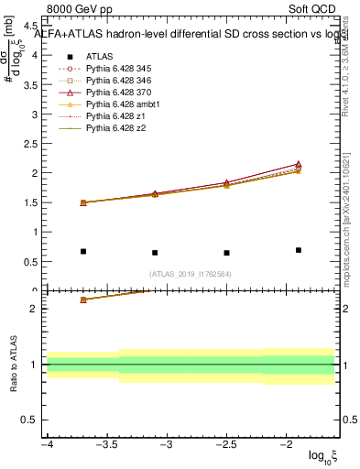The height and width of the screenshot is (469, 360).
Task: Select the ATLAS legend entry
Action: click(100, 56)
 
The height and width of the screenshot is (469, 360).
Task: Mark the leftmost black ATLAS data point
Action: click(83, 251)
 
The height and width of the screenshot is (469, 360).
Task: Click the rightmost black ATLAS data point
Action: click(299, 250)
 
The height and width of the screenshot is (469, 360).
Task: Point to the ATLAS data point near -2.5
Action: click(226, 253)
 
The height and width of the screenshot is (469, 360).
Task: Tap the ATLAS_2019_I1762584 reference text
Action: click(191, 274)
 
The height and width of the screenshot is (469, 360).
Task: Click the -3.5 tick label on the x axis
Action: click(106, 444)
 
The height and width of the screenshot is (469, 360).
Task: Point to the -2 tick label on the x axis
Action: click(286, 444)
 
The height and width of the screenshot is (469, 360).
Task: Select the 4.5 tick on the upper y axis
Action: click(34, 25)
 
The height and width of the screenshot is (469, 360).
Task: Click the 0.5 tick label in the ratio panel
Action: click(32, 420)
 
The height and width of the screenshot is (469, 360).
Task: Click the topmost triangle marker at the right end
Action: click(299, 164)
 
